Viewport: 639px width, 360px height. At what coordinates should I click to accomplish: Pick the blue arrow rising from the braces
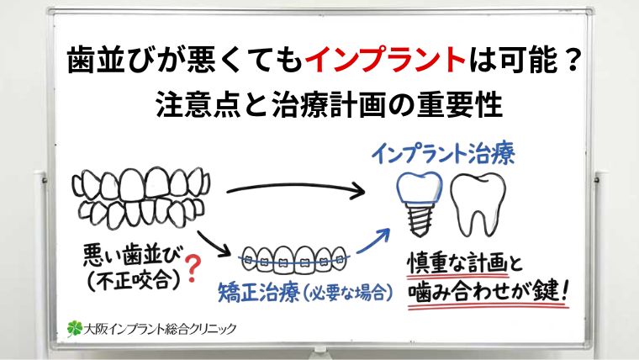coord(375,241)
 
